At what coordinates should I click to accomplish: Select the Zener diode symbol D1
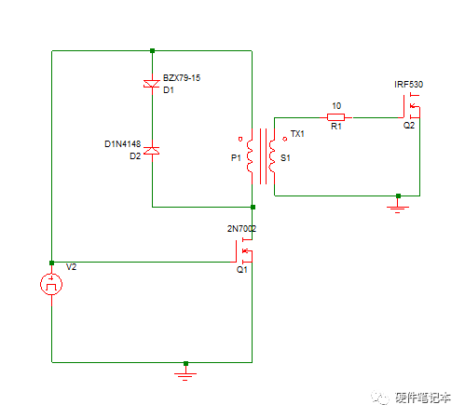point(152,85)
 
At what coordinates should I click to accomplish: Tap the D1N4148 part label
point(122,144)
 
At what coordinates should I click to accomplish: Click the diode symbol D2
point(152,151)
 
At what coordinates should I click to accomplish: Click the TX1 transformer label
point(297,134)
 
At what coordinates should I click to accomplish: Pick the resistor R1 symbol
point(335,117)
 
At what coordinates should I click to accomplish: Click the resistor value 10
point(335,104)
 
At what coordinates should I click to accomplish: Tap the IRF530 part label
point(408,85)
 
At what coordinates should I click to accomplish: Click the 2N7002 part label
point(241,229)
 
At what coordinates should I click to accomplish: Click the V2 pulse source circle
point(52,285)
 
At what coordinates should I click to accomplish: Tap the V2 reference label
point(72,267)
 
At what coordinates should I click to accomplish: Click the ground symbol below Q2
point(398,207)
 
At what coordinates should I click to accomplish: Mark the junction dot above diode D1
point(152,51)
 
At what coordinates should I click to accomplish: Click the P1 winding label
point(236,158)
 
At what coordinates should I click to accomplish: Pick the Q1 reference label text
point(241,269)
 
